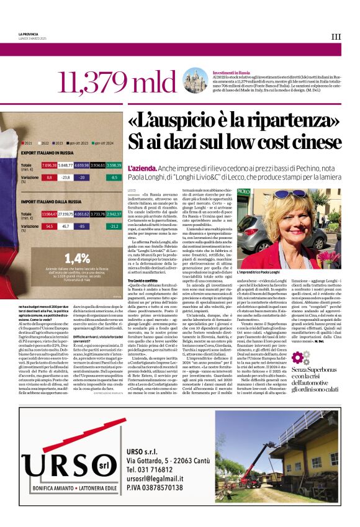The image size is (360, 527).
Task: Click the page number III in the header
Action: point(336,37)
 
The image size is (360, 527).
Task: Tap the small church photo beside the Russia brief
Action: point(195,81)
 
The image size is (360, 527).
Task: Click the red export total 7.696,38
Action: point(49,166)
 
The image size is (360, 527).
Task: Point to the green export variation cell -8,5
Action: point(114,178)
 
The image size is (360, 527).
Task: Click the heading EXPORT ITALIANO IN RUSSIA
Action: point(49,151)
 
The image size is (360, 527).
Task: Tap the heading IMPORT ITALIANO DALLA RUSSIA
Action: point(53,202)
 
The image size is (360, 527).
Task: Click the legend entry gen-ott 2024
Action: point(106,143)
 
